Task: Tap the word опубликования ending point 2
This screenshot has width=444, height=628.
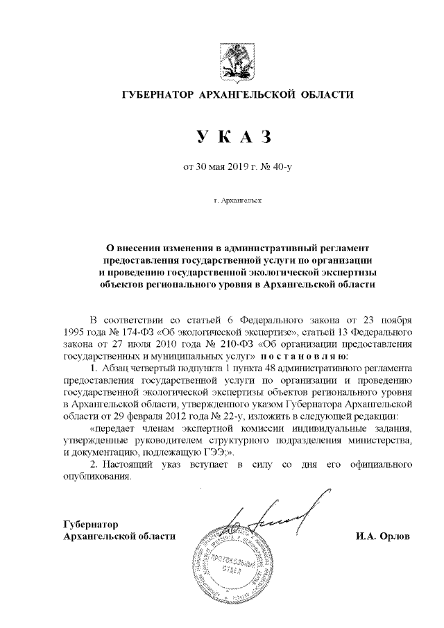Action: (96, 478)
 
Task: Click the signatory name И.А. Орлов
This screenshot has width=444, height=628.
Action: (382, 536)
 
